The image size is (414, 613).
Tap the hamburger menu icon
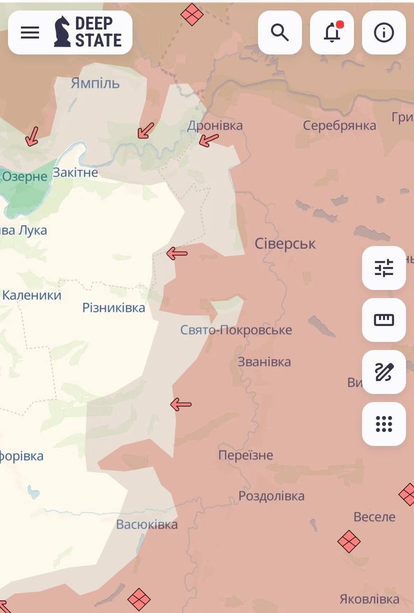[30, 32]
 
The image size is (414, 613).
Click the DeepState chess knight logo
[62, 32]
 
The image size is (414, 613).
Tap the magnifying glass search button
[280, 32]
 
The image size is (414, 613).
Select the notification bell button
[332, 32]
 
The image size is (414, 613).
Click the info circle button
[384, 32]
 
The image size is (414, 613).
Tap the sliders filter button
[384, 268]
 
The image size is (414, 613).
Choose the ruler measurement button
[384, 320]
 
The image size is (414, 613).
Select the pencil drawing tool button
[384, 372]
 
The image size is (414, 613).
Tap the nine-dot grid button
[384, 424]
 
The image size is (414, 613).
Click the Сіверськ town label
[285, 244]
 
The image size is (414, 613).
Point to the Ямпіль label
[95, 83]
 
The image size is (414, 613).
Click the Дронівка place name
[215, 126]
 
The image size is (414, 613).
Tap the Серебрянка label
[340, 126]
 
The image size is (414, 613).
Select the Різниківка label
[114, 308]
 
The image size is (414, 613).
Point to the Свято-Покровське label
[236, 330]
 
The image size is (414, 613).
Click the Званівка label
[264, 362]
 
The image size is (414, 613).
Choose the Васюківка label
[147, 525]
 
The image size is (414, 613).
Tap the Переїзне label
[246, 455]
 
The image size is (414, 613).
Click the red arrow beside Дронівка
[209, 140]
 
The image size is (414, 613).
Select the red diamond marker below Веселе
[349, 541]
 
